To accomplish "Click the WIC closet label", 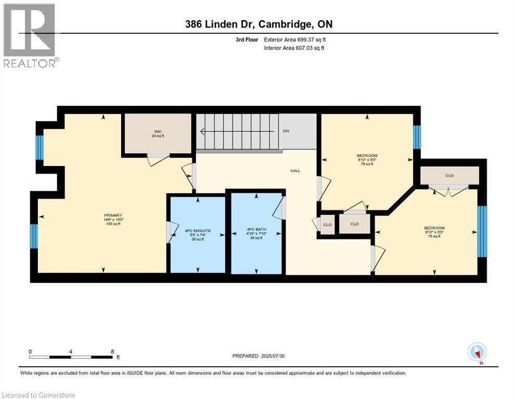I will (157, 134).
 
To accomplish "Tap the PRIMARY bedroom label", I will (113, 219).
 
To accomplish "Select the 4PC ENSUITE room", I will (198, 234).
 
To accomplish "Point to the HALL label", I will (295, 171).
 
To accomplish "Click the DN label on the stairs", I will (286, 131).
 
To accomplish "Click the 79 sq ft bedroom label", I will (367, 159).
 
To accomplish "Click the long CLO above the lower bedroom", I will (449, 176).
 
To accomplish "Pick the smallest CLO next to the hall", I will (327, 224).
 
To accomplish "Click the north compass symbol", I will (477, 352).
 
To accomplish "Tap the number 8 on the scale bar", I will (112, 351).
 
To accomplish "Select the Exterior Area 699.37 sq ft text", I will (295, 39).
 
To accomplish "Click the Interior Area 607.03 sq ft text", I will (294, 48).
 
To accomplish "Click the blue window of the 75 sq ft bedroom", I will (482, 232).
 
